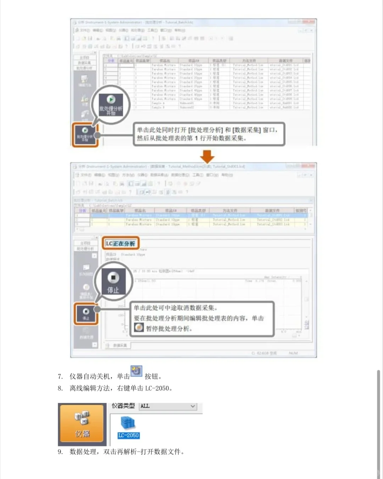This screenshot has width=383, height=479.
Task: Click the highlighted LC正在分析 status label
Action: [x=120, y=243]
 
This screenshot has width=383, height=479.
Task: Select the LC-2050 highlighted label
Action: [x=128, y=435]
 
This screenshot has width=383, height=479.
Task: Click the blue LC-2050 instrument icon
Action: [x=128, y=423]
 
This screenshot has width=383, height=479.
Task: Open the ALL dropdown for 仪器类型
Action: [x=168, y=406]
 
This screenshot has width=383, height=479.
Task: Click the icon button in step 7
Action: [x=136, y=371]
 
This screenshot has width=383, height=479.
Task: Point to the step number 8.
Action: [x=60, y=388]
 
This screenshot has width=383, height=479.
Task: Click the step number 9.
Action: [x=60, y=452]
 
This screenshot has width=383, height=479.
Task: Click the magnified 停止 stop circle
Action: [x=113, y=281]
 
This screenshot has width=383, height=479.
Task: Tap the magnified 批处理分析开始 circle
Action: [x=111, y=104]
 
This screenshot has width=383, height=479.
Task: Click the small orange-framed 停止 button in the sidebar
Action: [x=86, y=314]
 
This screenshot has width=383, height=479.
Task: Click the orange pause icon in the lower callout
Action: [x=139, y=328]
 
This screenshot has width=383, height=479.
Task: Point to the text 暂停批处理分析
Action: [x=168, y=329]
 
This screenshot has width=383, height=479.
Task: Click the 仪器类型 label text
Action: [x=123, y=406]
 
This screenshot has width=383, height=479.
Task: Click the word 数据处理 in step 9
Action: [x=83, y=452]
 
